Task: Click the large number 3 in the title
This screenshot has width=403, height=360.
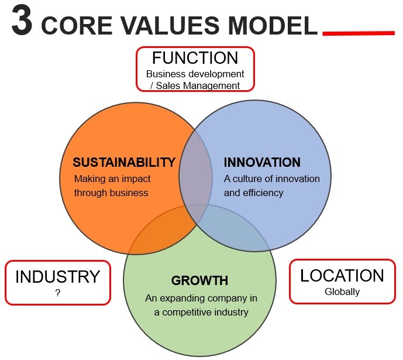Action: tap(22, 20)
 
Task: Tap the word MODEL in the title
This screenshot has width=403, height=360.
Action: tap(273, 25)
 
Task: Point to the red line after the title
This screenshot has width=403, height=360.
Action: tap(359, 33)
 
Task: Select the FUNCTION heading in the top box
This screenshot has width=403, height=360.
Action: tap(195, 58)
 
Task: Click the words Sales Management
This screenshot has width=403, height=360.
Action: tap(198, 85)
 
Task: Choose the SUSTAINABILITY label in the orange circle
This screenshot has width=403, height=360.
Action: tap(124, 162)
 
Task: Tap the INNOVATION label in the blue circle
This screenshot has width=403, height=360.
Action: tap(262, 162)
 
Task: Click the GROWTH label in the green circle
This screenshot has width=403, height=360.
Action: tap(199, 280)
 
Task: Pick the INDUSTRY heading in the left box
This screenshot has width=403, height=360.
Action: tap(57, 277)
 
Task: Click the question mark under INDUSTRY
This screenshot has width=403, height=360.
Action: tap(57, 293)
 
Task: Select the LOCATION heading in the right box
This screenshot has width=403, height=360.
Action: tap(342, 276)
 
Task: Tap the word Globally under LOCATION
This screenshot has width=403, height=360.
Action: tap(342, 292)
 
